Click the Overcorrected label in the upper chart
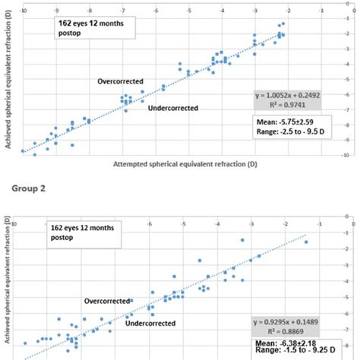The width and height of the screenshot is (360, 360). click(x=119, y=81)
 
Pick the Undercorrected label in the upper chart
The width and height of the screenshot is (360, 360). click(x=173, y=108)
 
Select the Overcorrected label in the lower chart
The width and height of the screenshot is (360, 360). click(x=109, y=301)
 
